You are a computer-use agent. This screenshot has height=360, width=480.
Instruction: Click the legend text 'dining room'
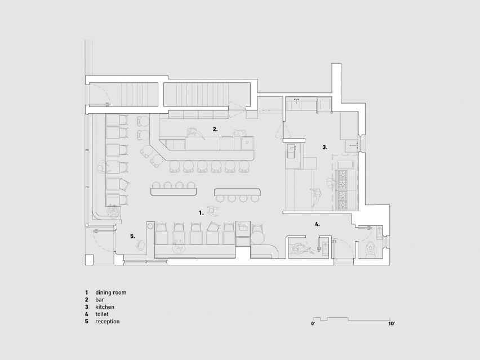(x=110, y=292)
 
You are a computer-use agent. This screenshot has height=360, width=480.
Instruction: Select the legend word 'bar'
(x=100, y=300)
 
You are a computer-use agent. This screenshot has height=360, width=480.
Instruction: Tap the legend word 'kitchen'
(x=105, y=307)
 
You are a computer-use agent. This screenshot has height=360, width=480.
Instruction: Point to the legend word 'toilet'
(x=101, y=314)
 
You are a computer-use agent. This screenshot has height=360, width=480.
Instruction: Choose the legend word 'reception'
(x=107, y=322)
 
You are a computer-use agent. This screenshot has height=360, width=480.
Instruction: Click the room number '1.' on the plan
(x=201, y=213)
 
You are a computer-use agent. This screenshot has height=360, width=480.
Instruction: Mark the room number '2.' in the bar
(x=215, y=129)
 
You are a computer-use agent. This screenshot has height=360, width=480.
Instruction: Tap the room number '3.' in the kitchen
(x=325, y=147)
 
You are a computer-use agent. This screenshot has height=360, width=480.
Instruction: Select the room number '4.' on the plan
(x=317, y=224)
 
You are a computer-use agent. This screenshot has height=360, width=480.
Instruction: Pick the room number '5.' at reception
(x=132, y=236)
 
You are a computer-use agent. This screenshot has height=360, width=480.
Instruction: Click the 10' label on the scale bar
(x=392, y=323)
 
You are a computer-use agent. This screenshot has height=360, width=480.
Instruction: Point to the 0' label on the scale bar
(x=313, y=323)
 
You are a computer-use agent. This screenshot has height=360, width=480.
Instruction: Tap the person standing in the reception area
(x=141, y=245)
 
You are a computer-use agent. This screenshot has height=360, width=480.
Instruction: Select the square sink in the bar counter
(x=247, y=143)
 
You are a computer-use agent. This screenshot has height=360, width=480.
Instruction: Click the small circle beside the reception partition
(x=150, y=226)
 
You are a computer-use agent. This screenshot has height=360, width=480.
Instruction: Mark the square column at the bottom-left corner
(x=89, y=260)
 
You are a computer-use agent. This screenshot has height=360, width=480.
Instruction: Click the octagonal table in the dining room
(x=258, y=237)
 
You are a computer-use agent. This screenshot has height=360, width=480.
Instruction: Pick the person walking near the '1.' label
(x=214, y=211)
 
